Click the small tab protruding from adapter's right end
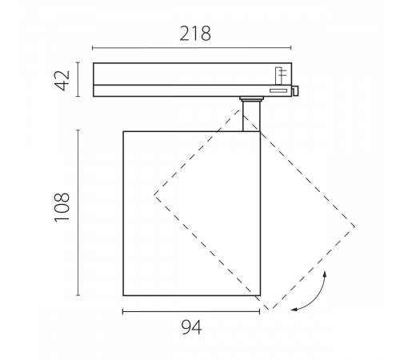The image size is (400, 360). [296, 90]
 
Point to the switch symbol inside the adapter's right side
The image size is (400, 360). [281, 75]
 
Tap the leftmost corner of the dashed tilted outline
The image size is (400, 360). [154, 194]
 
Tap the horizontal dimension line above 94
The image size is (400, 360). [190, 310]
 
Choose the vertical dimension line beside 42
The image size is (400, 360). [79, 80]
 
